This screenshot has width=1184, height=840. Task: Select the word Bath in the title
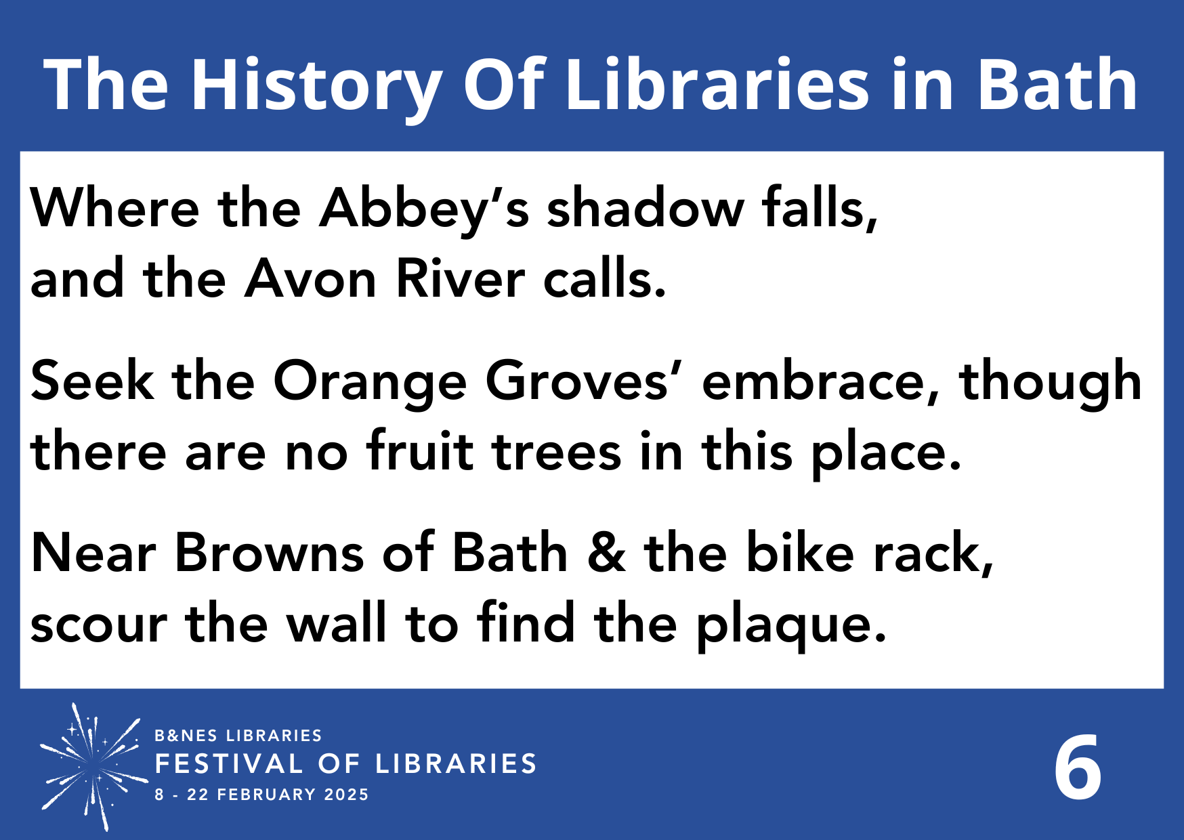click(x=1057, y=85)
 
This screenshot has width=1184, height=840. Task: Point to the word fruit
click(x=420, y=452)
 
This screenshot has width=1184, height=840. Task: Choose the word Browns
click(x=270, y=553)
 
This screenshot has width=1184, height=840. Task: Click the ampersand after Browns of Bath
click(x=606, y=553)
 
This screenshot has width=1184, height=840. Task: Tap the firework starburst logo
click(x=93, y=765)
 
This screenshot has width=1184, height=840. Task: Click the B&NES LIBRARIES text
click(x=238, y=736)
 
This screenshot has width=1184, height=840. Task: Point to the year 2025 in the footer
click(x=346, y=795)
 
